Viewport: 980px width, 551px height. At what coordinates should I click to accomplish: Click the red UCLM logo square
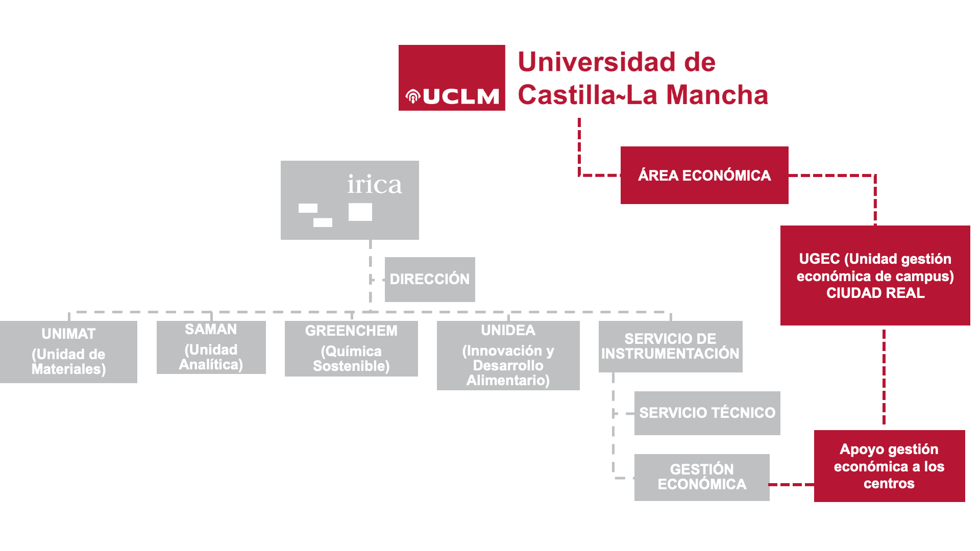tap(452, 78)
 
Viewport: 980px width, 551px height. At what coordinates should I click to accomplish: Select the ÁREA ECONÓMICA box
tap(704, 175)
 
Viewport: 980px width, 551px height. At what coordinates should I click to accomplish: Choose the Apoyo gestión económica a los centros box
tap(889, 466)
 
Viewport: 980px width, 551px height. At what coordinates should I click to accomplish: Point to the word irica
tap(374, 184)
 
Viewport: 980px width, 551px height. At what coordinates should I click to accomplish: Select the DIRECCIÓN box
tap(430, 279)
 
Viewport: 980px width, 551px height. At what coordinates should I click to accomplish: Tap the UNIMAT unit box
tap(68, 352)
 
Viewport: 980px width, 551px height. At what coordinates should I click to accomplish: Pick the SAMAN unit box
tap(211, 347)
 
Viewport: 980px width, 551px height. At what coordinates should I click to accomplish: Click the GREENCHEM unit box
tap(351, 348)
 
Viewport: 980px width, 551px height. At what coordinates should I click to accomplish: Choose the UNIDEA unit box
tap(508, 355)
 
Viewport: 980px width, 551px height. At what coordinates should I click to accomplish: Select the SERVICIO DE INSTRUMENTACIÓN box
tap(670, 346)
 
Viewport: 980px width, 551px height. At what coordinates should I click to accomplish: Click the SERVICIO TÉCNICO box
tap(707, 413)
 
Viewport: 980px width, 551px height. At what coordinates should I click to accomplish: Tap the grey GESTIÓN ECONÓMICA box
tap(702, 477)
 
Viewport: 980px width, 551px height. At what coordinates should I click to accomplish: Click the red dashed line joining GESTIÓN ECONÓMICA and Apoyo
tap(792, 485)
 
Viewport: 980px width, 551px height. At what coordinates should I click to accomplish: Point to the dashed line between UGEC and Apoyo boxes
tap(884, 378)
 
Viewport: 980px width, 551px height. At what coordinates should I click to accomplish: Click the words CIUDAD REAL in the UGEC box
tap(875, 293)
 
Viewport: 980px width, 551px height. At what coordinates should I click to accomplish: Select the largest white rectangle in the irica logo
tap(360, 212)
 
